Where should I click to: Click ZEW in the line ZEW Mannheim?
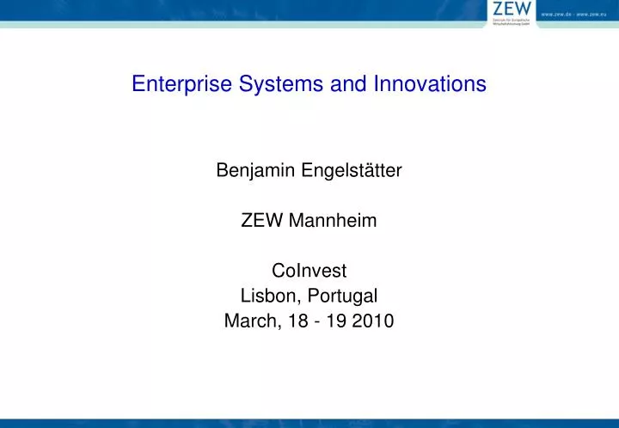point(260,222)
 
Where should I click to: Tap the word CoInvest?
point(309,272)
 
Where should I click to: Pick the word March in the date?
point(248,322)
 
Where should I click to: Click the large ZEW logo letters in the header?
point(510,9)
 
